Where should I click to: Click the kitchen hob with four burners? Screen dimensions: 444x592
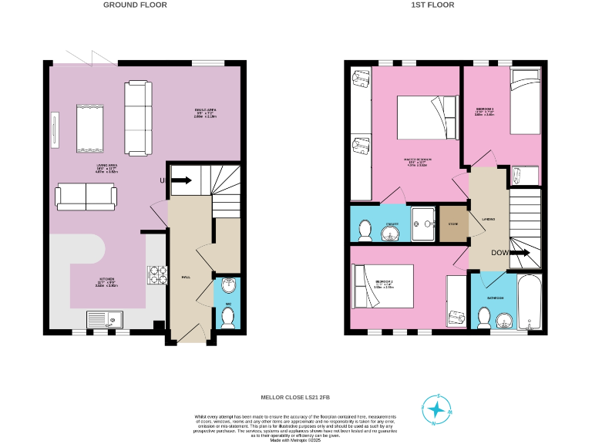tap(156, 275)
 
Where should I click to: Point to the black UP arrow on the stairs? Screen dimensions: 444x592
tap(183, 181)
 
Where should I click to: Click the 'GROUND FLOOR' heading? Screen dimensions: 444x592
tap(135, 5)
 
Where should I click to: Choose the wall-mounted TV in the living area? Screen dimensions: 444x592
tap(54, 129)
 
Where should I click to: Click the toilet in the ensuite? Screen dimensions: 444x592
tap(365, 229)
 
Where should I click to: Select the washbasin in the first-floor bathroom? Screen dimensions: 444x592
tap(506, 319)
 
